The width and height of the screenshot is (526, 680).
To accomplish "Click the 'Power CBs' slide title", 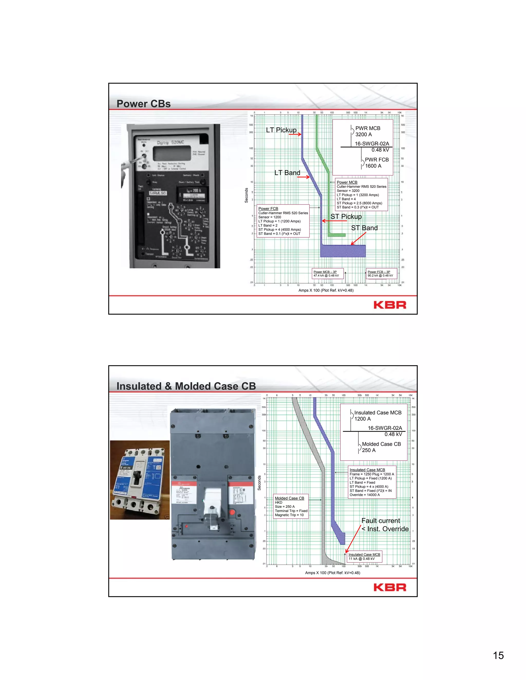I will point(143,104).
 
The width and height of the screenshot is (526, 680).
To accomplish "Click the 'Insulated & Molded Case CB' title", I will point(186,386).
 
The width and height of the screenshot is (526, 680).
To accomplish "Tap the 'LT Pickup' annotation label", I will point(281,130).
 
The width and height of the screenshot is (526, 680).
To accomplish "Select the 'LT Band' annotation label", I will point(287,173).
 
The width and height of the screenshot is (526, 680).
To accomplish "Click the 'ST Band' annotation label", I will point(364,228).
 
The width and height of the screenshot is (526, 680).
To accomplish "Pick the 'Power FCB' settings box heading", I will point(268,209).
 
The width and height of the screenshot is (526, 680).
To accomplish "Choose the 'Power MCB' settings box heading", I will point(347,182).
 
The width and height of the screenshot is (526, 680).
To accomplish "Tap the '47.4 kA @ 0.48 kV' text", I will point(326,276).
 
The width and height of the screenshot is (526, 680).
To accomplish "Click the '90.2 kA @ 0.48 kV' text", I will point(380,276).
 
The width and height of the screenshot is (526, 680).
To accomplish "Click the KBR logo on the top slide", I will point(390,305).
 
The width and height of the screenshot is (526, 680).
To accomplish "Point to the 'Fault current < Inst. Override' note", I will point(384,525).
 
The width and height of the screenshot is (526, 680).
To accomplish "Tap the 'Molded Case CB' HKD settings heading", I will point(289,498).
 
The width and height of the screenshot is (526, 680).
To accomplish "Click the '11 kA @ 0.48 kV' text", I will point(361,559).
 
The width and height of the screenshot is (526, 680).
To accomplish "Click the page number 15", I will point(498,655).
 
